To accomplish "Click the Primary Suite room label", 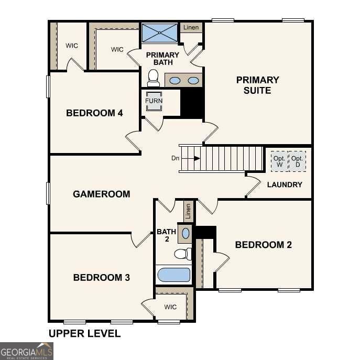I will (257, 85).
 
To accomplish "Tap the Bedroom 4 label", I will (94, 113).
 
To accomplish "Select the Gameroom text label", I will (101, 194).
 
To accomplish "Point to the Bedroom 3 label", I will (101, 277).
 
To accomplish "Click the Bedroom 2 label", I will (263, 245).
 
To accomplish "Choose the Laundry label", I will (285, 184).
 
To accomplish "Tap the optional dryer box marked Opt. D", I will (297, 161).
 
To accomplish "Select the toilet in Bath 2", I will (181, 254).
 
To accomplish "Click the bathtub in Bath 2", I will (173, 275).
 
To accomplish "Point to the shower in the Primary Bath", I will (159, 32).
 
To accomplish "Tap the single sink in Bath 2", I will (186, 233).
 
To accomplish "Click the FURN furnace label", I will (154, 101).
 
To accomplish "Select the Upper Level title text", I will (84, 333).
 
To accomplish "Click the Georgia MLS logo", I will (27, 351).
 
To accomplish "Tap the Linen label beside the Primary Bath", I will (191, 27).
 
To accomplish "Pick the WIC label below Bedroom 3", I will (170, 307).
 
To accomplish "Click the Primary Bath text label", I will (162, 59).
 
